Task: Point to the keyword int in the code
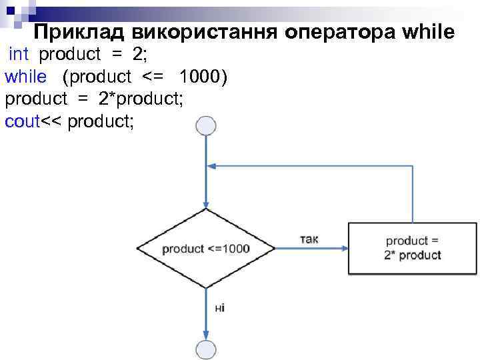(19, 54)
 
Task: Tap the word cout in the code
(23, 121)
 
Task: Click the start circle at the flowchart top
(206, 126)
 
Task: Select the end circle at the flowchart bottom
(206, 349)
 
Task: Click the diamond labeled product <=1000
(206, 249)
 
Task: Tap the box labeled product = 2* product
(413, 249)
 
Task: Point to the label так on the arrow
(309, 239)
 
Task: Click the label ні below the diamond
(220, 307)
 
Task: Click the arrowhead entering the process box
(344, 249)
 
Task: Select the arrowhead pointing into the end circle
(206, 335)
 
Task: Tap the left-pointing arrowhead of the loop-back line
(211, 166)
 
